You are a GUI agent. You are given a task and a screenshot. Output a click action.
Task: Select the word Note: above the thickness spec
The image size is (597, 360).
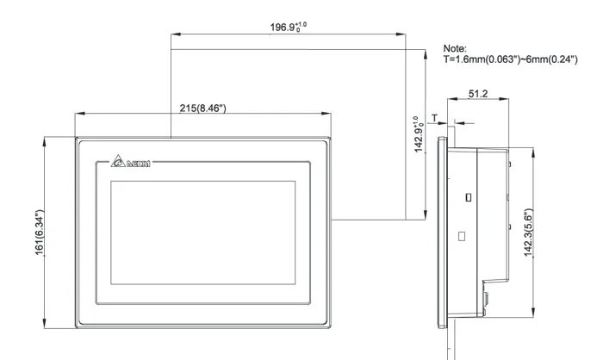point(454,49)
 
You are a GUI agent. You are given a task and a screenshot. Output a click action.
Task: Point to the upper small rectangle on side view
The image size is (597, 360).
point(468,196)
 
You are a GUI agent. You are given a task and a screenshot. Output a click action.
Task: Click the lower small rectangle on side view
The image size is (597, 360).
point(461,234)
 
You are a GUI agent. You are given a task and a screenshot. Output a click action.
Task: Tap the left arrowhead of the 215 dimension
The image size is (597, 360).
point(78,115)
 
